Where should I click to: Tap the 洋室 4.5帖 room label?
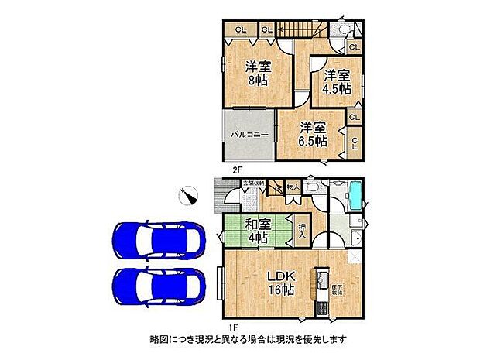337,81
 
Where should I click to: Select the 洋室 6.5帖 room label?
313,134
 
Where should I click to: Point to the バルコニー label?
249,135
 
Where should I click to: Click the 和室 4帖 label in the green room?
258,231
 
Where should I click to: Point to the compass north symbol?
188,197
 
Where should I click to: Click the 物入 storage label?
292,187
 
